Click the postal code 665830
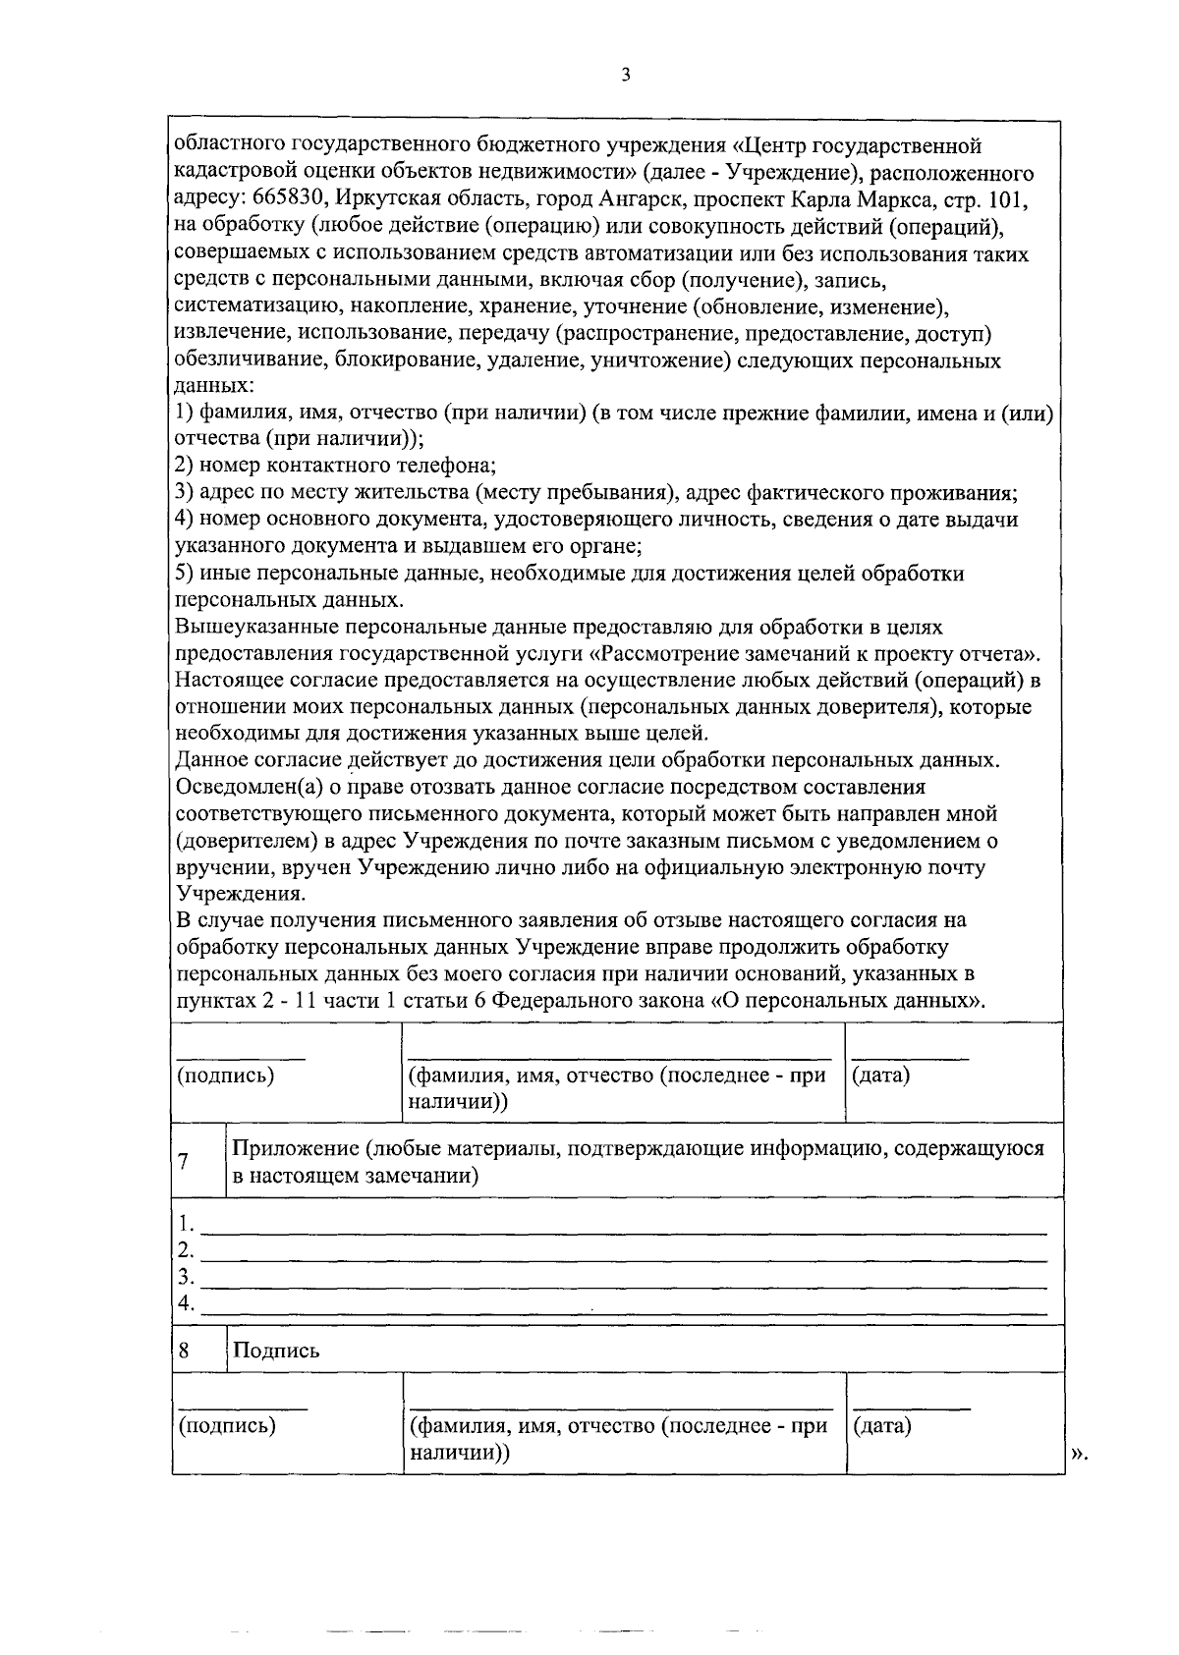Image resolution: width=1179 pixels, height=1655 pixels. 292,199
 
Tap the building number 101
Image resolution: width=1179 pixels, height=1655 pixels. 1010,199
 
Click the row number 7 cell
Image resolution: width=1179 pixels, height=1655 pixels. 184,1161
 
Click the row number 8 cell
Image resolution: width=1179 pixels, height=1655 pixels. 184,1351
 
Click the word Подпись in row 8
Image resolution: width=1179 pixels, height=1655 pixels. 276,1351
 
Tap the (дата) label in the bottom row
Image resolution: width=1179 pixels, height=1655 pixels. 881,1425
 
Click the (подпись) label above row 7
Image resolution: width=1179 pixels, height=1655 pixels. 225,1076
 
